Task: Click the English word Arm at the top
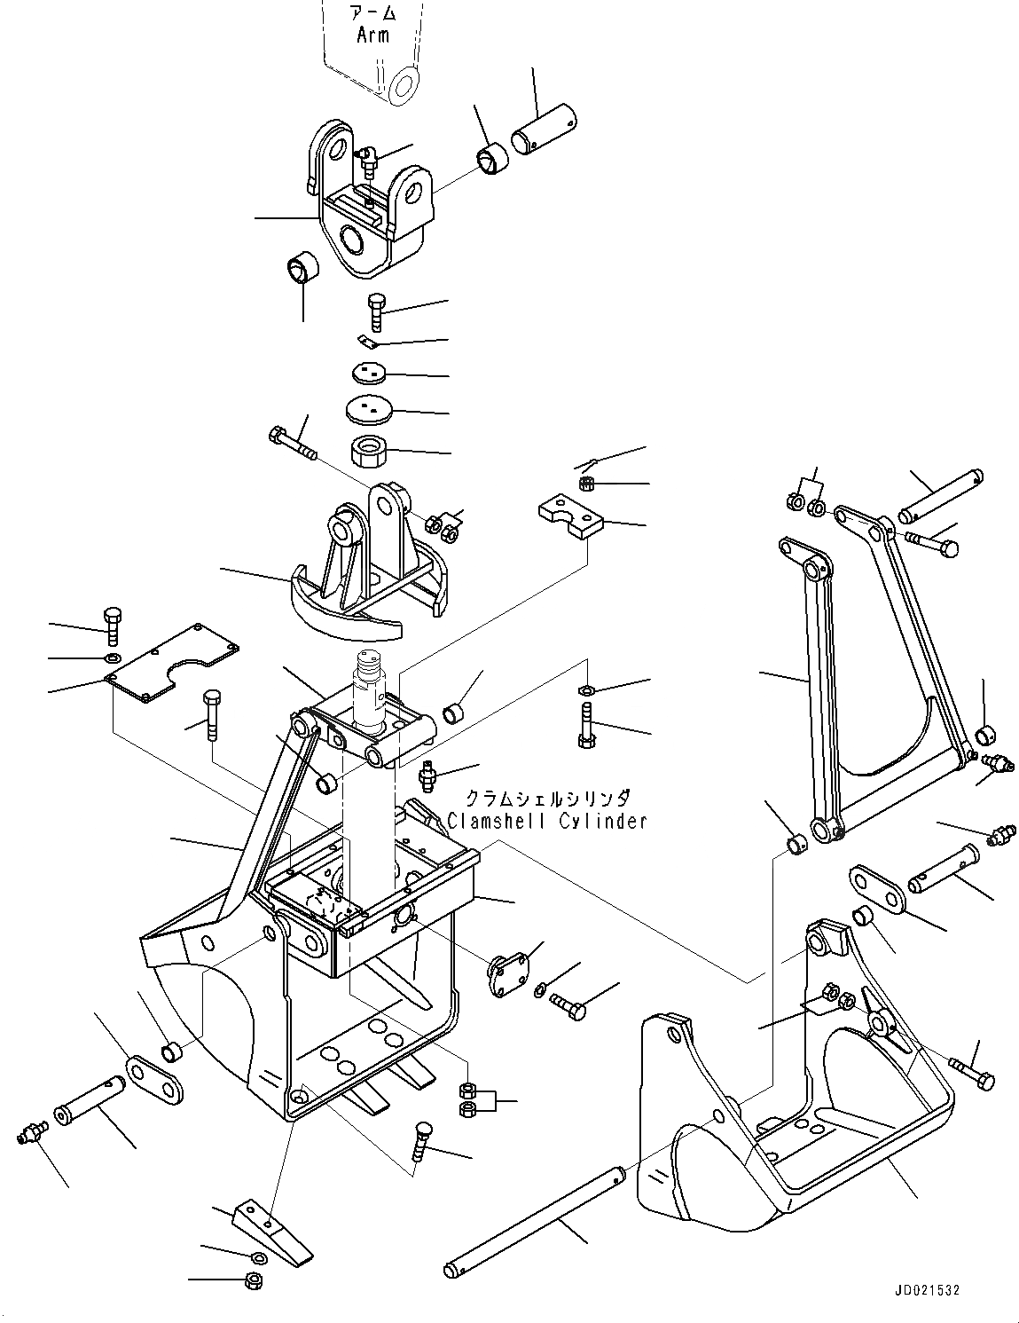(372, 35)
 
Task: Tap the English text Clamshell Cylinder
(547, 821)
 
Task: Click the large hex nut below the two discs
(366, 453)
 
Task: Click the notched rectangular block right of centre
(570, 517)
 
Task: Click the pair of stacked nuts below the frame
(469, 1099)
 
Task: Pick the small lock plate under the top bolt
(368, 342)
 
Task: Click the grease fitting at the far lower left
(32, 1135)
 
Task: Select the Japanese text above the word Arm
(372, 14)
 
